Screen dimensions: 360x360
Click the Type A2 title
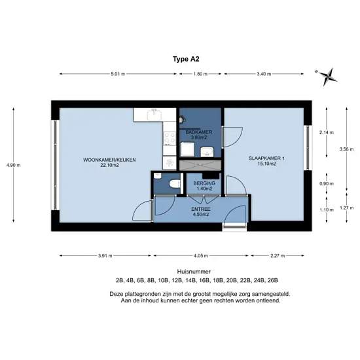(186, 59)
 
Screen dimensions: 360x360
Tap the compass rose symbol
(328, 77)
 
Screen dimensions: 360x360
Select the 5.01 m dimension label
(118, 74)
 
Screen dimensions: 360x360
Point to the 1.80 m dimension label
(200, 74)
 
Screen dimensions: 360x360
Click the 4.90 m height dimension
(13, 165)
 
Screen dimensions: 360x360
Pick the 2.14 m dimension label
(327, 132)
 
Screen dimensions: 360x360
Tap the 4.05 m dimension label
(201, 255)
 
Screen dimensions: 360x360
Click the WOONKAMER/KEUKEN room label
(109, 160)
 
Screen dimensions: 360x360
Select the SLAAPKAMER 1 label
(266, 158)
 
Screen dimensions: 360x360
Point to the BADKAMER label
(199, 132)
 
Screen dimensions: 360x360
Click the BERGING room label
(204, 183)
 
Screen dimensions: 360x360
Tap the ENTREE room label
(201, 209)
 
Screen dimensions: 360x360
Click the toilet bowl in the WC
(175, 184)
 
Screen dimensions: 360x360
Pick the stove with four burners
(170, 138)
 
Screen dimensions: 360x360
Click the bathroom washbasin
(207, 152)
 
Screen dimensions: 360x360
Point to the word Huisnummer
(194, 272)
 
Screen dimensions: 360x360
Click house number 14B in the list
(189, 280)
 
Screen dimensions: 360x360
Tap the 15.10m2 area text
(266, 164)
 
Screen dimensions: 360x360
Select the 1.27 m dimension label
(347, 207)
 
